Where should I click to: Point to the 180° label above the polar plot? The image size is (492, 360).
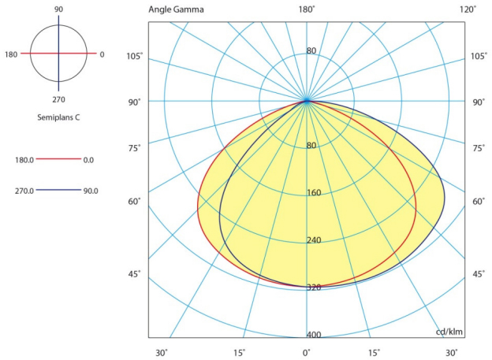click(307, 9)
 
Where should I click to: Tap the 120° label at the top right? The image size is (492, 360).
click(468, 9)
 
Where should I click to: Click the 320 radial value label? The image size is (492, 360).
click(314, 288)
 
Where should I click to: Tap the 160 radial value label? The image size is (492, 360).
click(314, 193)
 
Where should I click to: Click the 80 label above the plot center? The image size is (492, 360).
click(311, 51)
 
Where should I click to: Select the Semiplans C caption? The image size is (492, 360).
click(58, 117)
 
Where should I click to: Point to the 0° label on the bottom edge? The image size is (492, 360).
click(307, 352)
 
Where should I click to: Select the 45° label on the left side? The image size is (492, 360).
click(135, 274)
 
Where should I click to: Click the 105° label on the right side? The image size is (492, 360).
click(479, 56)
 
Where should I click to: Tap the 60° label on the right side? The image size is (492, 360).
click(479, 202)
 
